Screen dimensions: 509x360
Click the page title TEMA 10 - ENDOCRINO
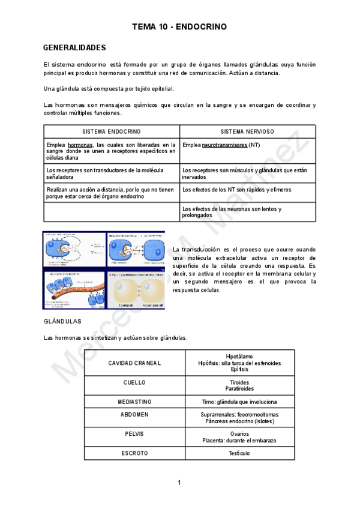click(179, 27)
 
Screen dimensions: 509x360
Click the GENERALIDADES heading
click(74, 47)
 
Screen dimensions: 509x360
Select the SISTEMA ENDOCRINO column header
click(112, 131)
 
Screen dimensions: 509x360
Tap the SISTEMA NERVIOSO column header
click(247, 131)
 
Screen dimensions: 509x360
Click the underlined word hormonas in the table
click(80, 145)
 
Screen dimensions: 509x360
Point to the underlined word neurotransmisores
click(224, 145)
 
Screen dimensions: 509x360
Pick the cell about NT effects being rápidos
click(236, 190)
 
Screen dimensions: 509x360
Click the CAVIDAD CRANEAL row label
click(134, 364)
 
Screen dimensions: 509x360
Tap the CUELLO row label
click(134, 382)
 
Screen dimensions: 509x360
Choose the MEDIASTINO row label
click(134, 401)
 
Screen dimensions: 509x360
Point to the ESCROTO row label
click(134, 453)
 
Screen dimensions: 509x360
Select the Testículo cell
click(238, 453)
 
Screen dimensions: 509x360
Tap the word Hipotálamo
click(238, 357)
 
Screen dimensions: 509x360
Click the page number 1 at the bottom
click(179, 483)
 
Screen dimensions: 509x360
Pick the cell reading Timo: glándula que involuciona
click(238, 401)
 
